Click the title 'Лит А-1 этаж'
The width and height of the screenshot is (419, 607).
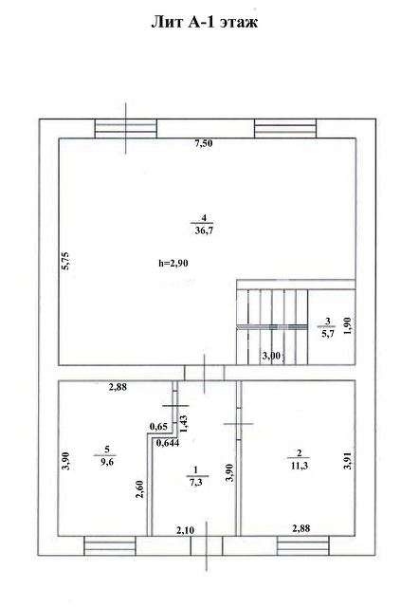click(x=204, y=22)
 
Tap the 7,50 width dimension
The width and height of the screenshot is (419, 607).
click(x=204, y=143)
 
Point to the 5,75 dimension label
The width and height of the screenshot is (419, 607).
click(x=65, y=261)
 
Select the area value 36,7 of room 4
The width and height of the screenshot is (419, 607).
click(x=204, y=231)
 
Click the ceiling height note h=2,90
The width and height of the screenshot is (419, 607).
click(x=173, y=264)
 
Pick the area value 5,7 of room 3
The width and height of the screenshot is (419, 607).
click(x=327, y=333)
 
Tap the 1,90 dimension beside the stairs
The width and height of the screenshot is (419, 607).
click(x=348, y=325)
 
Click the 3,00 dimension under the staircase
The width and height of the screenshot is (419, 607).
click(x=271, y=356)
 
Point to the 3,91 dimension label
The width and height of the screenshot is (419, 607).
click(x=349, y=462)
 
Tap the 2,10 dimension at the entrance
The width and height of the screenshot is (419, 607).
click(x=186, y=530)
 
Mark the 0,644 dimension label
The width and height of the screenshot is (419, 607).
click(x=168, y=443)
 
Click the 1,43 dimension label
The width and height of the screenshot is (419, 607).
click(x=183, y=424)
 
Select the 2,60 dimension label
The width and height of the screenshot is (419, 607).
click(x=140, y=488)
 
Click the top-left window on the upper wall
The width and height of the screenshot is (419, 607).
click(x=126, y=129)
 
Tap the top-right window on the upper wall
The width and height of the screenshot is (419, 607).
click(x=285, y=129)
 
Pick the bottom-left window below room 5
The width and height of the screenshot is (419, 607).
click(x=110, y=546)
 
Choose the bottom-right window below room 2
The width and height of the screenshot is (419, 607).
click(x=303, y=546)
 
